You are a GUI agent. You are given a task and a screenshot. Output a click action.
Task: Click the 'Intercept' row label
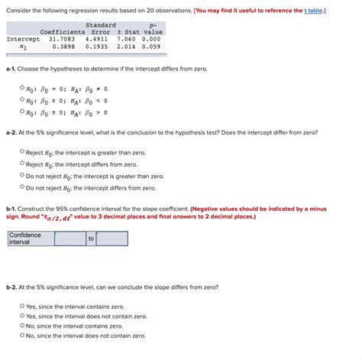(24, 39)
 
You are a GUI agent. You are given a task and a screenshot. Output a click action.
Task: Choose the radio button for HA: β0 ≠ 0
(22, 88)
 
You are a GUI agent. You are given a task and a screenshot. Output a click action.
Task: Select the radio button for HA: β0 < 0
(22, 100)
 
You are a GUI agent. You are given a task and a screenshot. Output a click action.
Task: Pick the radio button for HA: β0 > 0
(22, 112)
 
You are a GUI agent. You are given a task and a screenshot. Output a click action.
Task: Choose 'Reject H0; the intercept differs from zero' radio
(22, 164)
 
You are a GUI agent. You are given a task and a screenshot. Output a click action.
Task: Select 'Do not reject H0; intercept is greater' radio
(22, 176)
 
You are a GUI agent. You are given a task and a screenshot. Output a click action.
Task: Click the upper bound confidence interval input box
(112, 238)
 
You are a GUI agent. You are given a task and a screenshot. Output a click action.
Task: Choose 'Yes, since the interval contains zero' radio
(22, 306)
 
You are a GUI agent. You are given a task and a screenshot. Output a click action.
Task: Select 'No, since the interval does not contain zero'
(22, 335)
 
